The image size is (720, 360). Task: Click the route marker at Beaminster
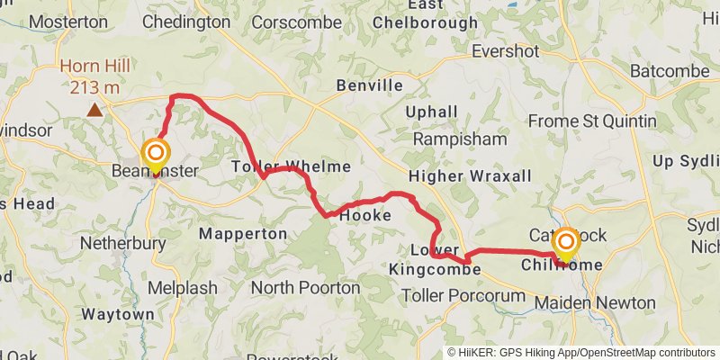pos(157,154)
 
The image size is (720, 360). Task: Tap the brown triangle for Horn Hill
pos(94,110)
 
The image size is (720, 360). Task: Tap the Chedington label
pos(185,22)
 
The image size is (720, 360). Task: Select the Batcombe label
pos(671,70)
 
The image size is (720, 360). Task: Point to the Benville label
pos(369,85)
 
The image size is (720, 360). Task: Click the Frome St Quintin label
pos(592,121)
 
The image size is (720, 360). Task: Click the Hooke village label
pos(365,216)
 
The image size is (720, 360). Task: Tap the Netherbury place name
pos(123,243)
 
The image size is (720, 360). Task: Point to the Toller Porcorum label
pos(463,295)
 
